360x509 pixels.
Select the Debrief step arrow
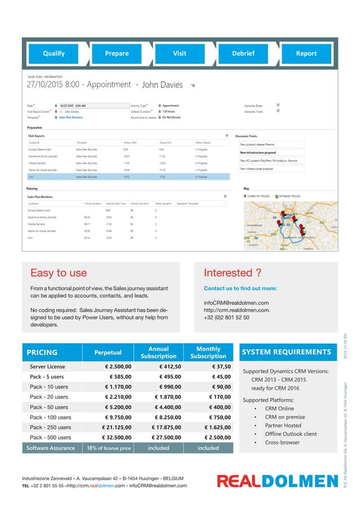(243, 54)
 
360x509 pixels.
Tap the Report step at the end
(306, 54)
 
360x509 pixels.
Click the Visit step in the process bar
(179, 54)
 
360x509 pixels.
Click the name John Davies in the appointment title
(163, 85)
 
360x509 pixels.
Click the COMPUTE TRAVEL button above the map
(257, 196)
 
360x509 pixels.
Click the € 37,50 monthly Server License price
(217, 366)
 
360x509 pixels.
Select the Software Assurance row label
(51, 448)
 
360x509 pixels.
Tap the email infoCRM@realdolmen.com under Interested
(236, 303)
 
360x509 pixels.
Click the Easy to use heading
(58, 274)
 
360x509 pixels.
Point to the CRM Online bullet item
(279, 409)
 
